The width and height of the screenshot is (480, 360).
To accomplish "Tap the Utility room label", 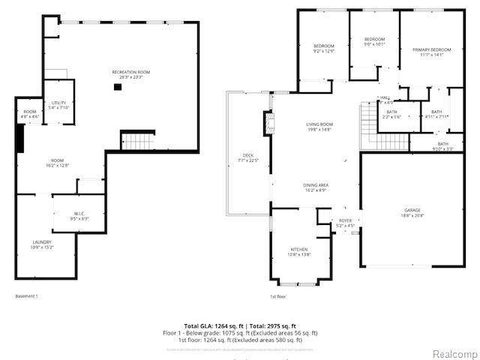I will pos(58,103).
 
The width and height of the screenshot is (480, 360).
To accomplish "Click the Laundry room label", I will pos(41,241).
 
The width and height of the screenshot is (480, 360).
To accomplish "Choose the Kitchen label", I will pos(299,250).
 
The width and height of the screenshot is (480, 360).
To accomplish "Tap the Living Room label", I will pos(319,124).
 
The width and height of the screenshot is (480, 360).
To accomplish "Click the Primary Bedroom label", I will pos(427,49).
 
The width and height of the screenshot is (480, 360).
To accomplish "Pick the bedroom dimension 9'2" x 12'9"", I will pos(323,51).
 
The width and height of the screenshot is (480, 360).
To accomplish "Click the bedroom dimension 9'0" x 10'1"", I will pos(374,43).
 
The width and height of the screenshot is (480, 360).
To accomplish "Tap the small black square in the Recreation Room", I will pos(118,87).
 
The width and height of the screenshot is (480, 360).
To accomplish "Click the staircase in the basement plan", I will pos(136,139).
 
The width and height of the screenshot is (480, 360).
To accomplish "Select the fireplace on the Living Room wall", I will pos(265,121).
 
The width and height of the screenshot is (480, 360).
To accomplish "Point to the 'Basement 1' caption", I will pos(26,296).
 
